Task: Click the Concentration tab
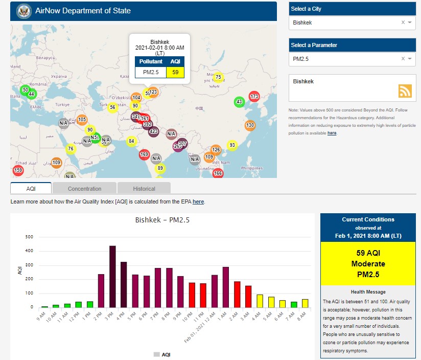click(85, 189)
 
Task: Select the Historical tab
click(144, 189)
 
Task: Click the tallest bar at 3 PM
click(112, 276)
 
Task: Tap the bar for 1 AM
click(225, 287)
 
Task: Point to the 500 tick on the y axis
click(30, 237)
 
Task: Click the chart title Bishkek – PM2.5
click(162, 220)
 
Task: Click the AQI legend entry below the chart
click(162, 354)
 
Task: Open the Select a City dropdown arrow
click(410, 22)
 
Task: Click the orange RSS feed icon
click(405, 91)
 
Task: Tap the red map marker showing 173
click(254, 96)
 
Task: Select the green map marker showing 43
click(239, 102)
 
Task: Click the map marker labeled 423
click(154, 131)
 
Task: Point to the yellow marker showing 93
click(232, 145)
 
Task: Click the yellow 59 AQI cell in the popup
click(175, 72)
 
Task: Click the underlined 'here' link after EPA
click(198, 202)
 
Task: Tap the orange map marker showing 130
click(250, 125)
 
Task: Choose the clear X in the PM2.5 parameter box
click(403, 59)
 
